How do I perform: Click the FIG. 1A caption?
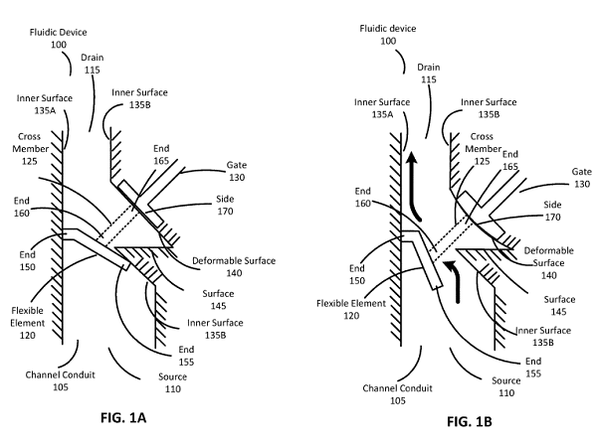(x=131, y=416)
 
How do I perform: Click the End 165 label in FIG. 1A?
(x=161, y=154)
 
